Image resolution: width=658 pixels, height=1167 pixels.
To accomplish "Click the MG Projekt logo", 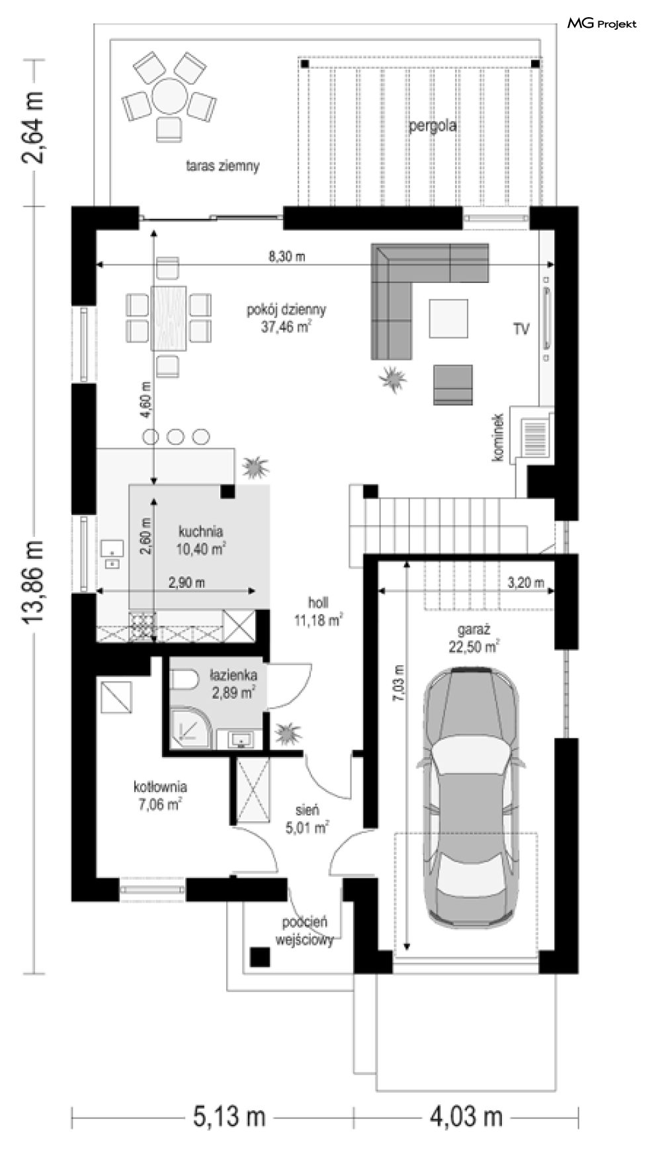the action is click(602, 24).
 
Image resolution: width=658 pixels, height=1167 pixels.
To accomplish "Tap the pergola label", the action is click(432, 126).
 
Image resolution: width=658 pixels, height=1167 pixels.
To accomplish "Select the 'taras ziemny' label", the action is click(223, 166).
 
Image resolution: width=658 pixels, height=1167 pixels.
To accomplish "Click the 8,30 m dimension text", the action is click(286, 257).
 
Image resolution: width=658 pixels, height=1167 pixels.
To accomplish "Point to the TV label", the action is click(521, 329).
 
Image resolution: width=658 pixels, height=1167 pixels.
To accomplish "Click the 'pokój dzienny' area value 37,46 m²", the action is click(287, 326).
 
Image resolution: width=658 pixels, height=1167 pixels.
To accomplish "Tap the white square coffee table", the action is click(448, 319).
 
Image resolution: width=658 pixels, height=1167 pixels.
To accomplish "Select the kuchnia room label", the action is click(200, 531).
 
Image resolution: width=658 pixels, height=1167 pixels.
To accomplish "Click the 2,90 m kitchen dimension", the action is click(186, 583).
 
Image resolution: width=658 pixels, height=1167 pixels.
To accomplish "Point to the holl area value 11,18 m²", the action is click(318, 620).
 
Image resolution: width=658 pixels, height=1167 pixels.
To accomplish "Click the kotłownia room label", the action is click(160, 787).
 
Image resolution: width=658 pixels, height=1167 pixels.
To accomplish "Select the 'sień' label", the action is click(308, 810).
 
